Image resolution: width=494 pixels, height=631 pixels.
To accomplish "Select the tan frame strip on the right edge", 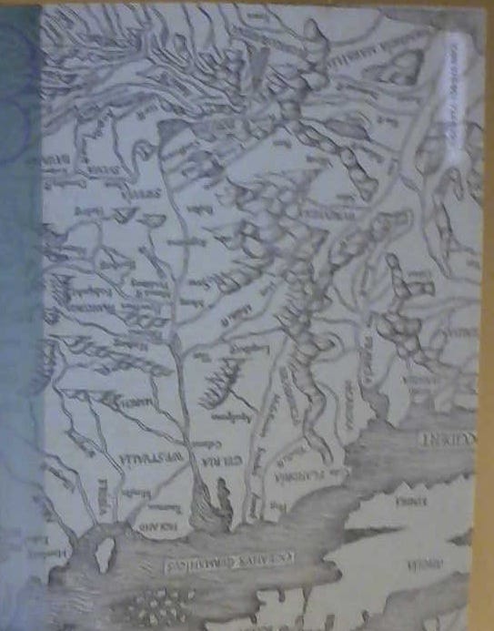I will click(487, 319).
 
